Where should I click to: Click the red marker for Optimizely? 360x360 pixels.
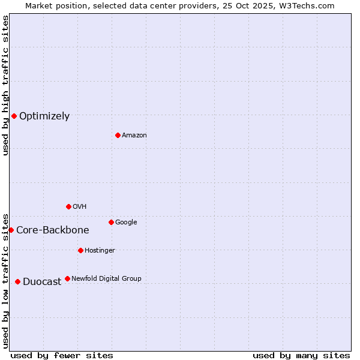pos(14,116)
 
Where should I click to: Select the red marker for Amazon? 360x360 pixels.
pos(118,135)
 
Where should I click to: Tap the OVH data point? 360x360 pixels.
pos(68,206)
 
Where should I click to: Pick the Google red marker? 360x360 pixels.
pos(111,222)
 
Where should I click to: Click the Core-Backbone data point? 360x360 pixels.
pos(11,230)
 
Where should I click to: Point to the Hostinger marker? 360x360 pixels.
pos(80,250)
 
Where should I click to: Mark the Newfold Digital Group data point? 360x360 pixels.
pos(67,278)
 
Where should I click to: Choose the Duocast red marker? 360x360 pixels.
pos(17,281)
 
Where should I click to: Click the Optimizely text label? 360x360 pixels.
pos(44,116)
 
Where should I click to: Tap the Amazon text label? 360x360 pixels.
pos(134,136)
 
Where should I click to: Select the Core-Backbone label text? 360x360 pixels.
pos(53,230)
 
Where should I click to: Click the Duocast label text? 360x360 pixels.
pos(42,282)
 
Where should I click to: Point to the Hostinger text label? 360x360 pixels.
pos(100,251)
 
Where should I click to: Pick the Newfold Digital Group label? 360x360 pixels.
pos(107,279)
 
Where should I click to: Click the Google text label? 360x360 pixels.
pos(126,223)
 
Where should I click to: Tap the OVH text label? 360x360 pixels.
pos(80,207)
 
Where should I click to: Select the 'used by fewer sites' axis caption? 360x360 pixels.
pos(62,355)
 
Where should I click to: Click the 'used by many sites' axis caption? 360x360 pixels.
pos(301,355)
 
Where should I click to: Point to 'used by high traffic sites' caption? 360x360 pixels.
pos(5,85)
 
